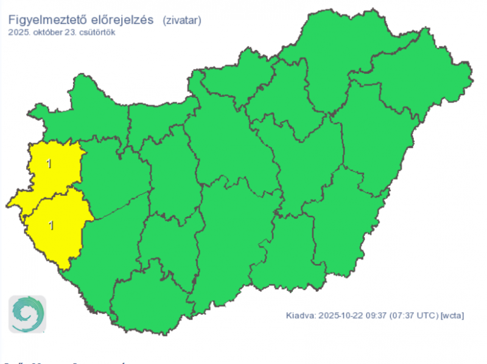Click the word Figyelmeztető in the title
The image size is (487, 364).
[46, 20]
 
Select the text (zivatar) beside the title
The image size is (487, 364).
[182, 21]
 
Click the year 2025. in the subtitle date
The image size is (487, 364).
[19, 32]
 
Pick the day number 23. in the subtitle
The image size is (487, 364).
[73, 32]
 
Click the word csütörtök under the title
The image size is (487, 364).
[97, 32]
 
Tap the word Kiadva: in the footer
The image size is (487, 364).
[301, 315]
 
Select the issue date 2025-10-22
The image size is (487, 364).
[340, 315]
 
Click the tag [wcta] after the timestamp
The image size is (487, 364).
[452, 315]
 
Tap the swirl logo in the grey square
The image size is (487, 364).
[27, 314]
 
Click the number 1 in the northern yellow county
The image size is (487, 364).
[49, 163]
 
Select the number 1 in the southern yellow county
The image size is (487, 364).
[51, 225]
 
